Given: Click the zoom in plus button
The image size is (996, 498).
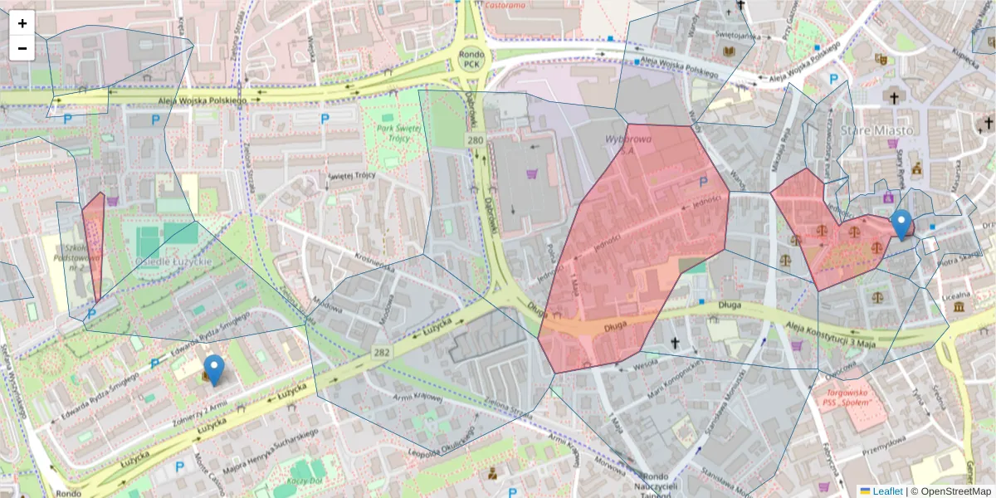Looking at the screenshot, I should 22,23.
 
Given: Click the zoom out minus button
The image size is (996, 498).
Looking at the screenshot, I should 22,48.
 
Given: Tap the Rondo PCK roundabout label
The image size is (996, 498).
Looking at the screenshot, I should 471,58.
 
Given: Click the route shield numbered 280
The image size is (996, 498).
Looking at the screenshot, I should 476,140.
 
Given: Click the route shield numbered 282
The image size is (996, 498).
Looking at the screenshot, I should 381,353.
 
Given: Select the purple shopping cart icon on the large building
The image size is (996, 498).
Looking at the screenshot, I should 530,174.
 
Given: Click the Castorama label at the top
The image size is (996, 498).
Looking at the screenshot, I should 505,5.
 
